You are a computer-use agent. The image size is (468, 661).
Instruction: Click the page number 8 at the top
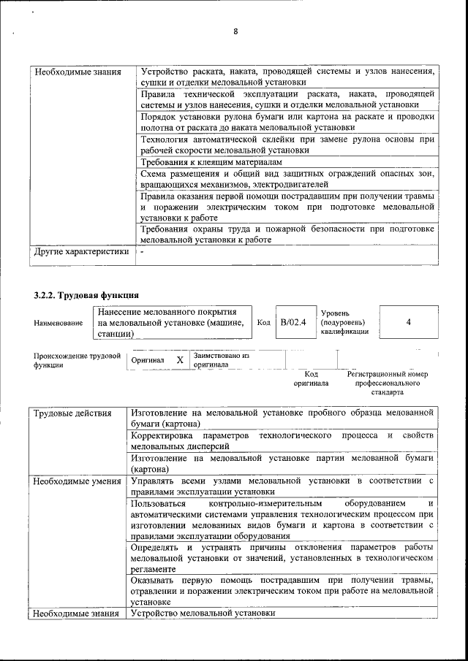pos(236,31)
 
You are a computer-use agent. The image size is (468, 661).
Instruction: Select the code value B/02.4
pos(293,322)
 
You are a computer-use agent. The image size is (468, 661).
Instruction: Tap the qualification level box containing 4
pos(408,322)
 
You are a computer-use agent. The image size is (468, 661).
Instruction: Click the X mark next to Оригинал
pos(179,360)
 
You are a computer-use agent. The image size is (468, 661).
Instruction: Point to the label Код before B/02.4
pos(264,322)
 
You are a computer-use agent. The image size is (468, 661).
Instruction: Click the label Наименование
pos(58,323)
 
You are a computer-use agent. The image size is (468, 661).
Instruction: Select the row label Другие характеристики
pos(82,252)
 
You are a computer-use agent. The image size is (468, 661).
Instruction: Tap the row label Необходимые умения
pos(77,481)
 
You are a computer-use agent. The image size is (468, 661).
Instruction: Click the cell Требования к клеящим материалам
pos(211,161)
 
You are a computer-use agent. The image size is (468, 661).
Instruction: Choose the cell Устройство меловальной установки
pos(203,614)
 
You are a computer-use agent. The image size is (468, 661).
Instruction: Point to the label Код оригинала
pos(311,378)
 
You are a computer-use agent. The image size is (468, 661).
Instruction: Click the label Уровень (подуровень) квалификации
pos(344,322)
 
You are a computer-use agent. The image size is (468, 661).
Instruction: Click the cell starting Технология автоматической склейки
pos(287,144)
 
